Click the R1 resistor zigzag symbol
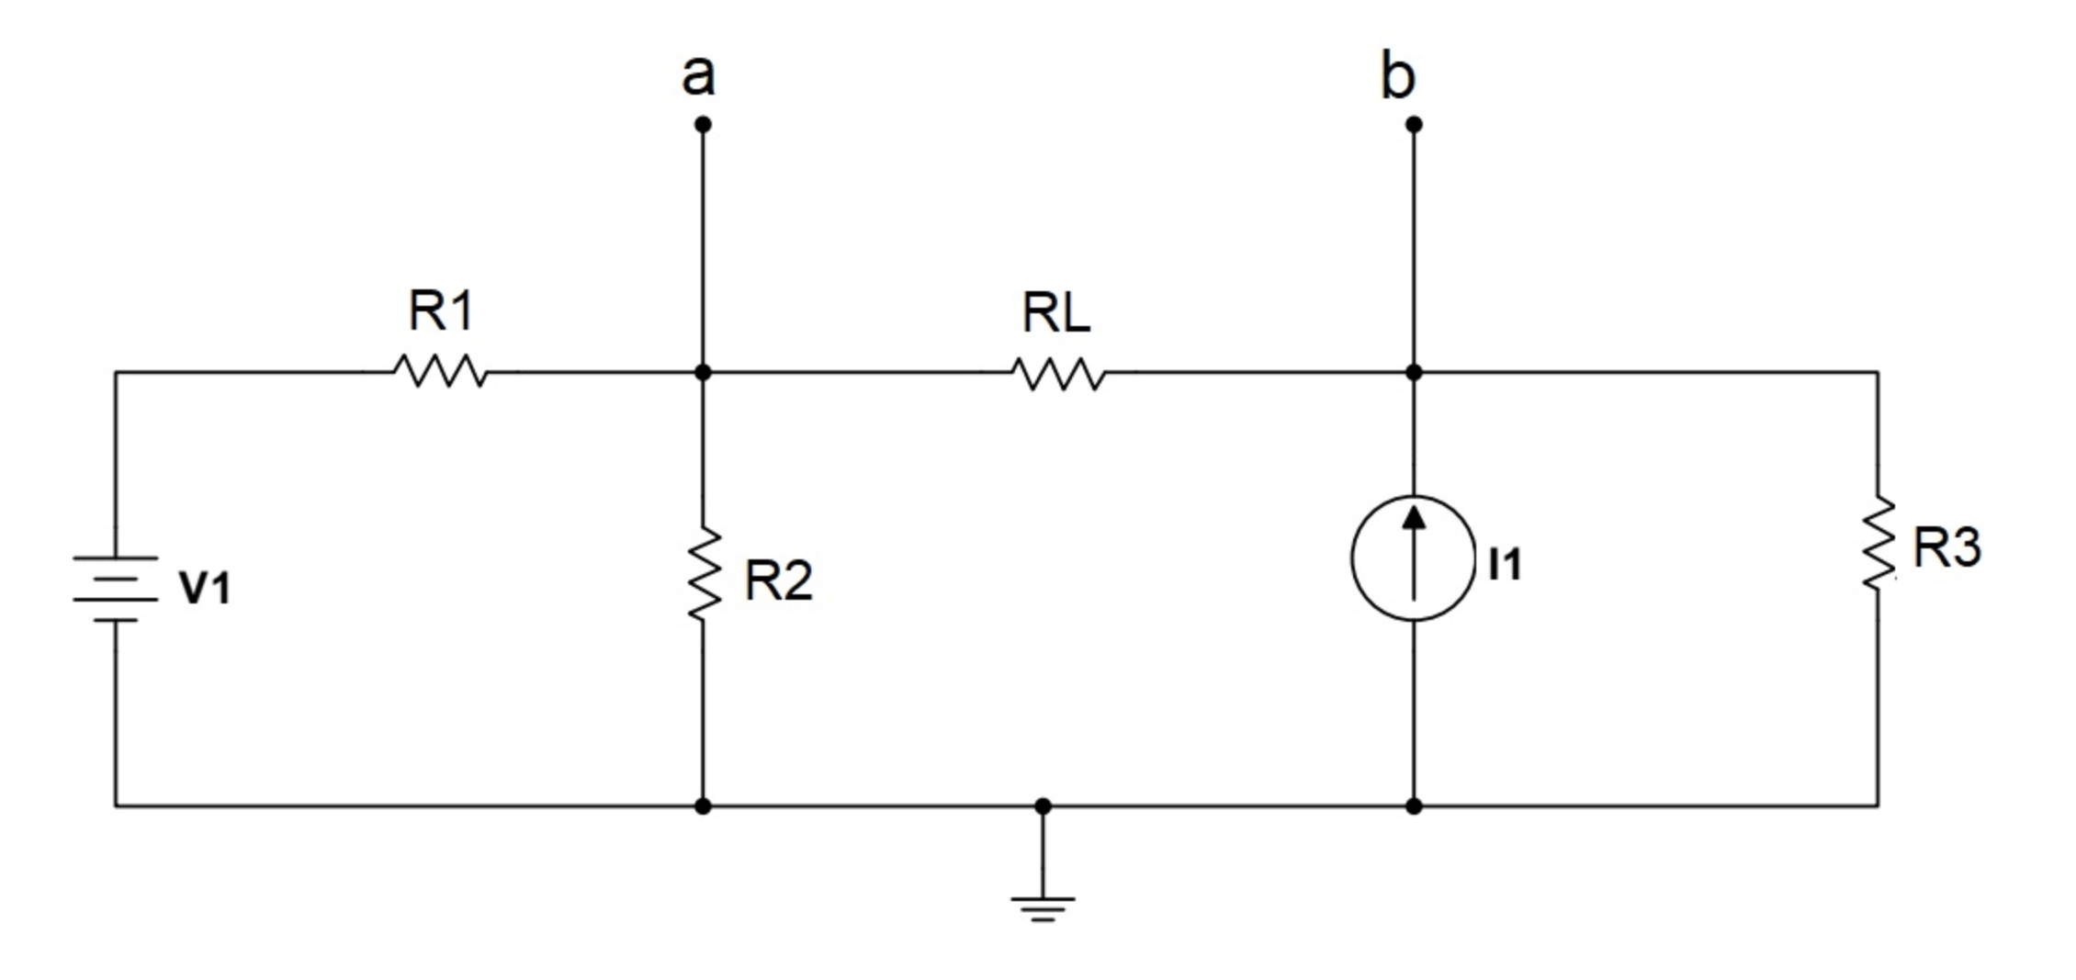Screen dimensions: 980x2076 click(x=441, y=372)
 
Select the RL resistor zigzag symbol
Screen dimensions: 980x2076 click(x=1059, y=374)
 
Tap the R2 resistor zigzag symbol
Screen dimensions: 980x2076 click(x=704, y=574)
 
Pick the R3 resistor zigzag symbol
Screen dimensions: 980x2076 click(x=1878, y=543)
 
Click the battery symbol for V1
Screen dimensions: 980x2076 click(x=116, y=589)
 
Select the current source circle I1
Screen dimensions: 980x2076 click(x=1414, y=558)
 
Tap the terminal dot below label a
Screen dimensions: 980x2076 click(x=703, y=124)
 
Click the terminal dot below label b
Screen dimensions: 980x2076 click(x=1414, y=124)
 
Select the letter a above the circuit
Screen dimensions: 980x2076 click(x=698, y=75)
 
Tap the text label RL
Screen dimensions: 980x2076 click(x=1056, y=313)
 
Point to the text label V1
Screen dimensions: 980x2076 click(x=206, y=588)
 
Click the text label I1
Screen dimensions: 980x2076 click(x=1505, y=564)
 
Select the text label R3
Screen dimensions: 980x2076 click(x=1946, y=547)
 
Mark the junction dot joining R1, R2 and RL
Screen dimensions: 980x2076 click(x=703, y=372)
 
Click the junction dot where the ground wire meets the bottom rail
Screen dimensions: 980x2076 click(x=1043, y=806)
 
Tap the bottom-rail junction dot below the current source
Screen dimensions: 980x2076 click(x=1414, y=806)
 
